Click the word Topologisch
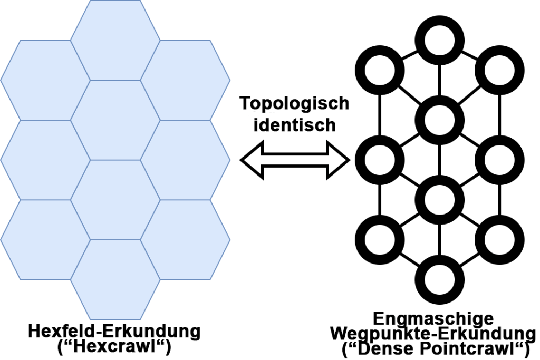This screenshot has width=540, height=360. (294, 103)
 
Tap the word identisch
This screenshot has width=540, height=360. (294, 125)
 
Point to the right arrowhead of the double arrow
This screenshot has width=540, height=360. (340, 159)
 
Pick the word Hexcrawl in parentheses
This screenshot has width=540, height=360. (114, 347)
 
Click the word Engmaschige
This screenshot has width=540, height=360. (433, 319)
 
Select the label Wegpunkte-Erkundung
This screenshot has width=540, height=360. (433, 334)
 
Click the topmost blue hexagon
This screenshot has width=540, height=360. (115, 40)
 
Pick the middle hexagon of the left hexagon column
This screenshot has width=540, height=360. (36, 160)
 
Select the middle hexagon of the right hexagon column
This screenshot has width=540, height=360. (186, 160)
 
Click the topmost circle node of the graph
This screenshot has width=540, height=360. (439, 38)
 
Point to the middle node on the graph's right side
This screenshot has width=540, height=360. (499, 159)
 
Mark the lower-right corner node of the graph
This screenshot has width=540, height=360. (499, 238)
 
